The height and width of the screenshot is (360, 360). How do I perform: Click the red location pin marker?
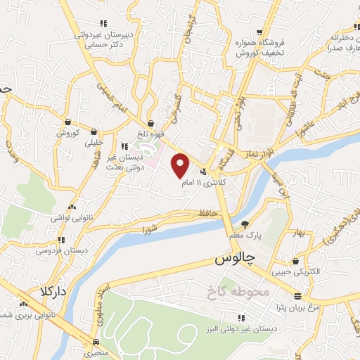coord(181,165)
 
